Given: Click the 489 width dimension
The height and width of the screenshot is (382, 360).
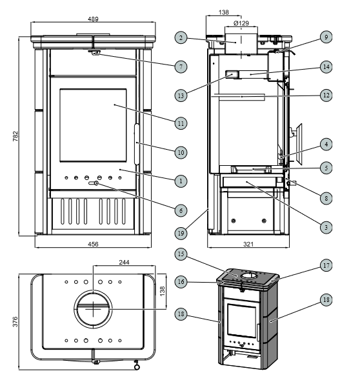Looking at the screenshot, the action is pyautogui.click(x=94, y=19).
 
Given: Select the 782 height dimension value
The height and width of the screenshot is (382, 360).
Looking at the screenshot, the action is pyautogui.click(x=15, y=136).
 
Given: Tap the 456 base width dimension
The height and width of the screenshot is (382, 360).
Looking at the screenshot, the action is pyautogui.click(x=94, y=244).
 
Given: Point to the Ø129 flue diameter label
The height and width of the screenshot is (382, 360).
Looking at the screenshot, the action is pyautogui.click(x=241, y=23).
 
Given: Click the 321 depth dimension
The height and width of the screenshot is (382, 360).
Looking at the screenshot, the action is pyautogui.click(x=248, y=244).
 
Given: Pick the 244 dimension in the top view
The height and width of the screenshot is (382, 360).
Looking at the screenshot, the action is pyautogui.click(x=125, y=262).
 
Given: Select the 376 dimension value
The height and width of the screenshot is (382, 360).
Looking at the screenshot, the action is pyautogui.click(x=15, y=321).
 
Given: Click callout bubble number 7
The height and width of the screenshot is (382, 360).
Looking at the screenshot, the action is pyautogui.click(x=181, y=66).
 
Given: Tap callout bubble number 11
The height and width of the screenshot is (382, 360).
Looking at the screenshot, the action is pyautogui.click(x=181, y=123).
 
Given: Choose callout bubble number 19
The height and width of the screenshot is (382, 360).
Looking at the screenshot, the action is pyautogui.click(x=181, y=233).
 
